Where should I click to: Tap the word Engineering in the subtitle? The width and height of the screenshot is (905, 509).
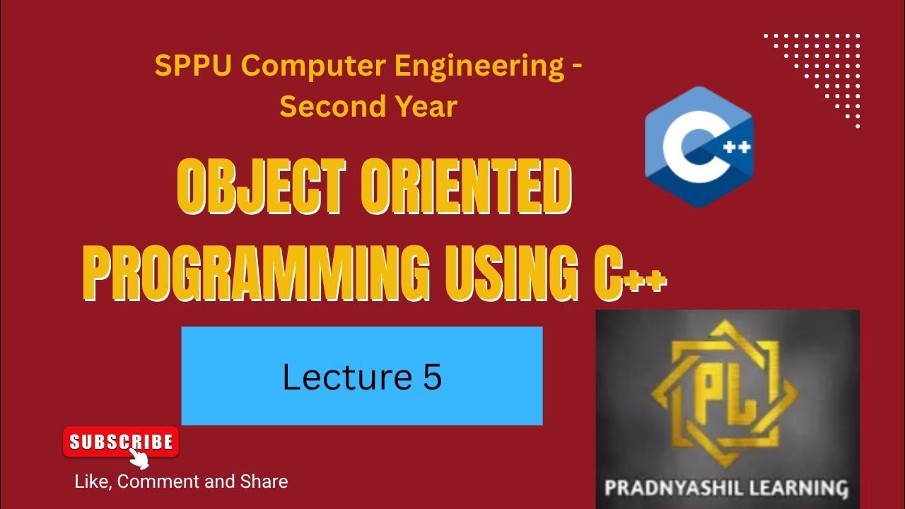[x=482, y=67]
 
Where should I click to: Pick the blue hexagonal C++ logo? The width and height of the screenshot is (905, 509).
[x=699, y=147]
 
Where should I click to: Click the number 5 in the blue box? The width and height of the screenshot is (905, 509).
[x=433, y=377]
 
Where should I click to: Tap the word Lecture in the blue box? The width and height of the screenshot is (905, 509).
[x=342, y=377]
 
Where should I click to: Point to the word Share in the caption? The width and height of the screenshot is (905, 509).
[x=264, y=482]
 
